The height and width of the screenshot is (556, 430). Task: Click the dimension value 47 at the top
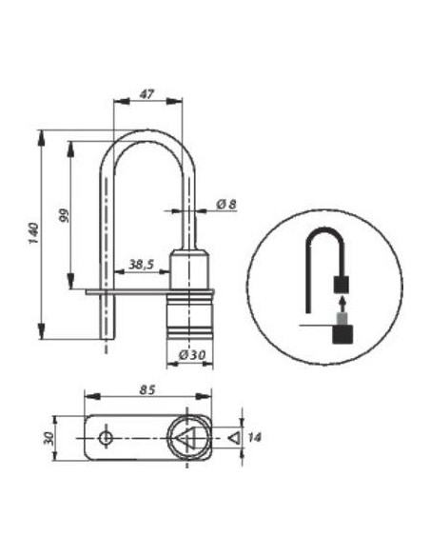(x=147, y=95)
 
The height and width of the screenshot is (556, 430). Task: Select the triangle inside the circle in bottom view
(x=187, y=439)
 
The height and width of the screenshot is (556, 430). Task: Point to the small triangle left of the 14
(x=233, y=438)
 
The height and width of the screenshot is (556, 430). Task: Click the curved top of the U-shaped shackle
(x=152, y=138)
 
